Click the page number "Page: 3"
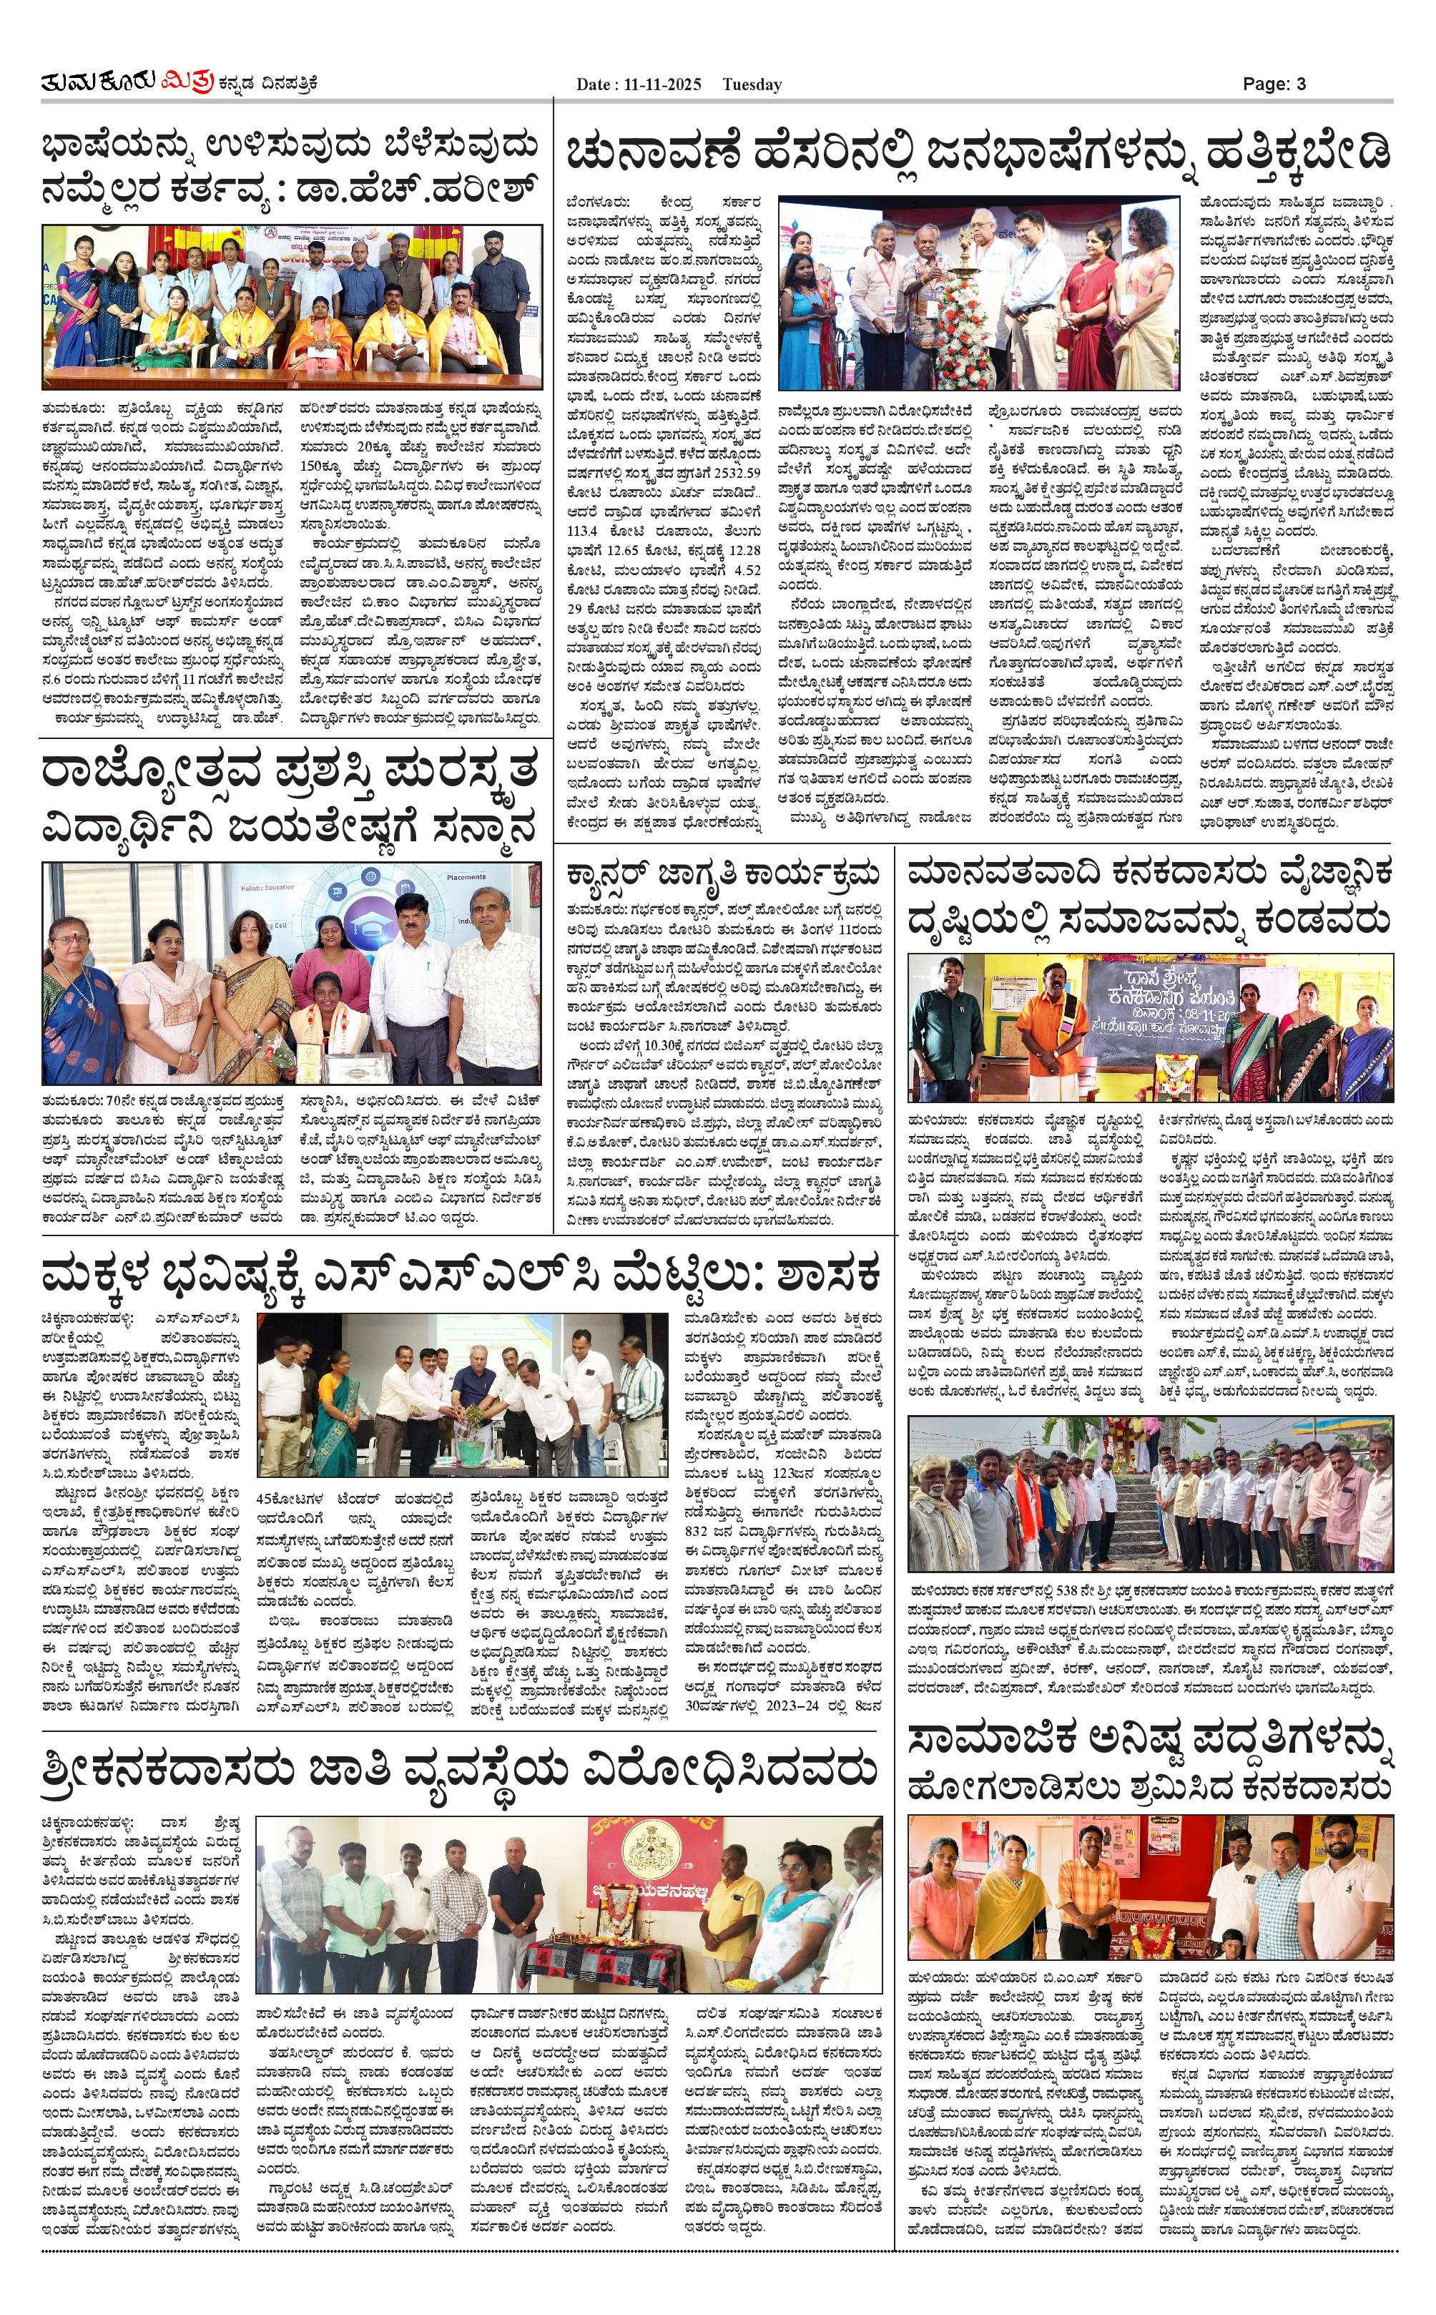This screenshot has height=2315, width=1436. [1274, 84]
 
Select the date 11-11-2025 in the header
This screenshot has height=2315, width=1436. [663, 84]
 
